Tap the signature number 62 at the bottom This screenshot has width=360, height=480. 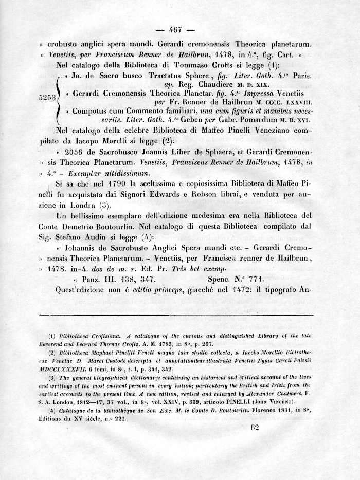[x=254, y=428]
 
